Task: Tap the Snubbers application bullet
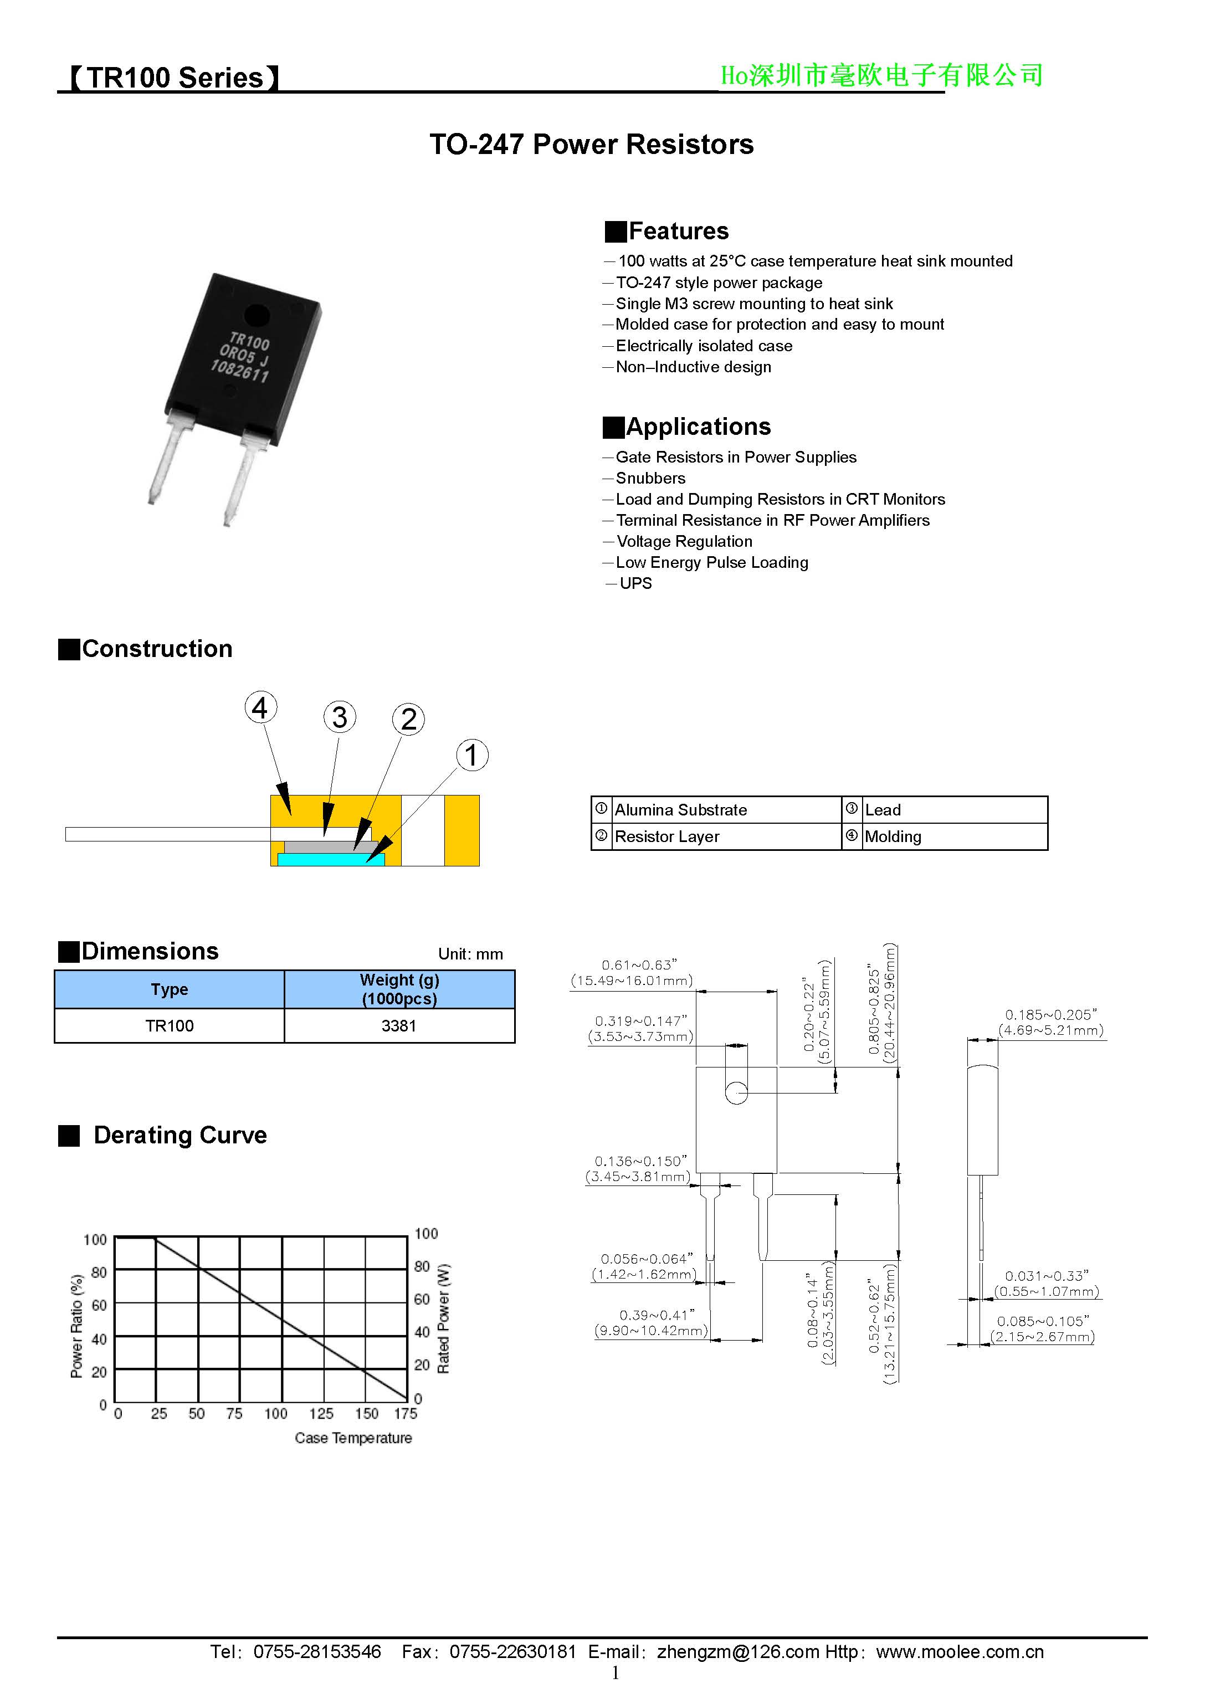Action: tap(650, 478)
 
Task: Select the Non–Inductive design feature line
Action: tap(693, 367)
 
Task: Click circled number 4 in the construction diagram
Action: tap(260, 707)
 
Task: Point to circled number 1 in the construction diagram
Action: tap(471, 755)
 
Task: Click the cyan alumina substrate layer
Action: tap(330, 859)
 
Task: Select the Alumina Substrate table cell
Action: tap(680, 810)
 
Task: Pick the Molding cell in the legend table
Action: tap(893, 836)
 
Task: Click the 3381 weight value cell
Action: tap(399, 1025)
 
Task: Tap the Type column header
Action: tap(170, 989)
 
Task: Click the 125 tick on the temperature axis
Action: tap(321, 1413)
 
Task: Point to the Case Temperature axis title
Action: tap(353, 1438)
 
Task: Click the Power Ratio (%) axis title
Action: tap(76, 1326)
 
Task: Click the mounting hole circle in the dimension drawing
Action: tap(736, 1092)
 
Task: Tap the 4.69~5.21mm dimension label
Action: tap(1050, 1030)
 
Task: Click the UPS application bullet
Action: tap(635, 583)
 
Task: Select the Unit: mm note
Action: tap(470, 954)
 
